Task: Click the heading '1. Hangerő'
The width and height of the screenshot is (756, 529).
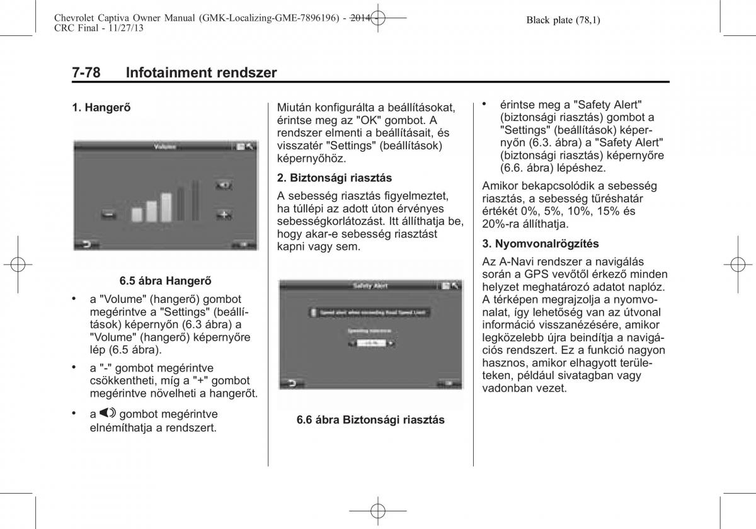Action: click(101, 108)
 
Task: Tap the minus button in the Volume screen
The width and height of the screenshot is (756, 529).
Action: click(109, 215)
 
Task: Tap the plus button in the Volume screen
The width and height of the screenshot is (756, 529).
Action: click(224, 214)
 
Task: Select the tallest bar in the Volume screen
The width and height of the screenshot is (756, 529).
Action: click(195, 201)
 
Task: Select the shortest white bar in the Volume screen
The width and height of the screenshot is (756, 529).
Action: click(137, 214)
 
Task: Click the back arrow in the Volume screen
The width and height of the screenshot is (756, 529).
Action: click(84, 243)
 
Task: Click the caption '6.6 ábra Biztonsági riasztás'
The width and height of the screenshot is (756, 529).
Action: click(370, 419)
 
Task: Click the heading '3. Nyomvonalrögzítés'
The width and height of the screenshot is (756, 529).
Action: click(541, 243)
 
